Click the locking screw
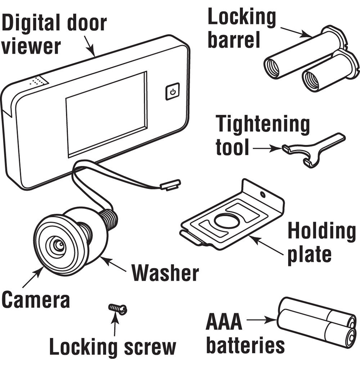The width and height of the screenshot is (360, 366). pos(118,308)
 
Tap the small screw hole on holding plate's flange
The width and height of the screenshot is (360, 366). pos(263,195)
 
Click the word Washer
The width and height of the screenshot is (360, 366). pos(165,273)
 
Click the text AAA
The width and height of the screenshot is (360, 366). pos(224,322)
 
